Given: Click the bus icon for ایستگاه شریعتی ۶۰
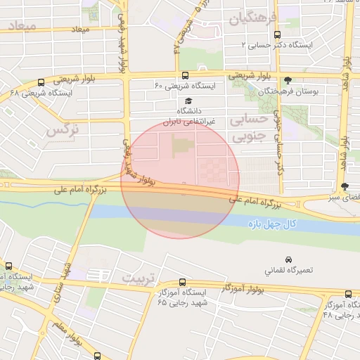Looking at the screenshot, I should point(185,76).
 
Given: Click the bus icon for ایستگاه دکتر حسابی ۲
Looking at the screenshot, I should point(277,33).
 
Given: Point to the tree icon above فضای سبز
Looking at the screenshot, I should point(344,186).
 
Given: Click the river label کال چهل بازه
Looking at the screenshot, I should point(274,224).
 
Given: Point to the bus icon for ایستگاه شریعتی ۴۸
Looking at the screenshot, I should point(40,82).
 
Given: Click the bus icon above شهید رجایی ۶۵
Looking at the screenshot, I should point(183,282).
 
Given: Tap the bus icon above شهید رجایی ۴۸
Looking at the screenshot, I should point(348,294).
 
